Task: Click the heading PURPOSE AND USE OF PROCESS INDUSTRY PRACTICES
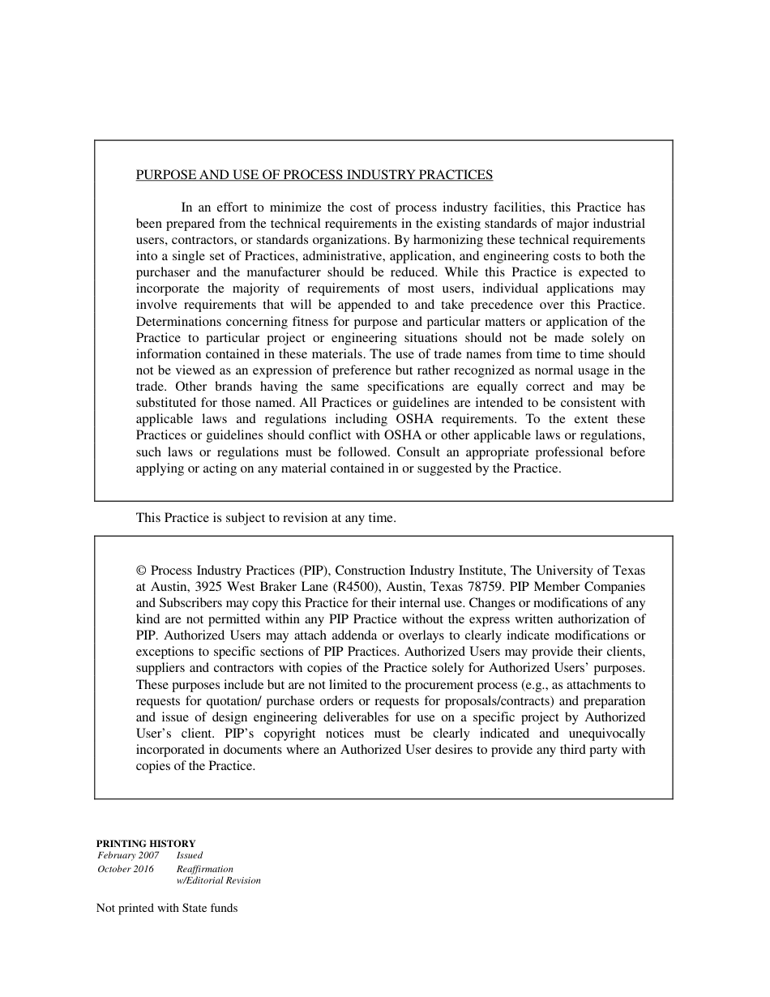pyautogui.click(x=314, y=175)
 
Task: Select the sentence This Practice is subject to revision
pyautogui.click(x=266, y=518)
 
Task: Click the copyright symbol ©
pyautogui.click(x=141, y=571)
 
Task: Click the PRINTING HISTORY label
pyautogui.click(x=146, y=844)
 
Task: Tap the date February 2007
pyautogui.click(x=128, y=855)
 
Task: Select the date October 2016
pyautogui.click(x=125, y=869)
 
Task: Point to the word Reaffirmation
pyautogui.click(x=204, y=869)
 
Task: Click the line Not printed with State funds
pyautogui.click(x=167, y=909)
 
